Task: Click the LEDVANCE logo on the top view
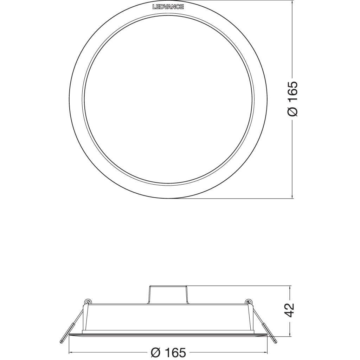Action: coord(168,6)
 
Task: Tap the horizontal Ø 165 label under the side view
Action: coord(168,352)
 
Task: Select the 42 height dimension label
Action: coord(289,310)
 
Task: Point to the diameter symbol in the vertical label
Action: coord(292,111)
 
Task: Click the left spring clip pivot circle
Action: coord(87,302)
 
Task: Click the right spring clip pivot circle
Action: coord(249,302)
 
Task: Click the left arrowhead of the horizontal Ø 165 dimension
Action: coord(70,352)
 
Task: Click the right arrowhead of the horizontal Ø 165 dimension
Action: coord(265,352)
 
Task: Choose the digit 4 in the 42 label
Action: coord(289,314)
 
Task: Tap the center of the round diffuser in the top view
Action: coord(168,99)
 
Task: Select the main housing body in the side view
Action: coord(168,318)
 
